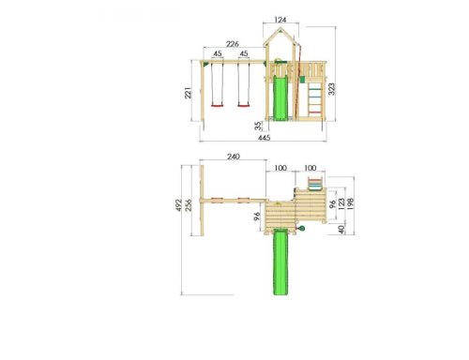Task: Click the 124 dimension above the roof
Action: (x=280, y=20)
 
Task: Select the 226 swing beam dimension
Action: (x=233, y=44)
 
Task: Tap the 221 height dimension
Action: (x=188, y=93)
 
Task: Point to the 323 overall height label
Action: (x=331, y=89)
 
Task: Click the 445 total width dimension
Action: (x=265, y=138)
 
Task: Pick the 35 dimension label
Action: (x=258, y=126)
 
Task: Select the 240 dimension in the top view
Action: (x=234, y=157)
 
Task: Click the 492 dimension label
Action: (x=178, y=205)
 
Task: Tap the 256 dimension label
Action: (x=189, y=205)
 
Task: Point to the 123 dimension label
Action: (x=341, y=203)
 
